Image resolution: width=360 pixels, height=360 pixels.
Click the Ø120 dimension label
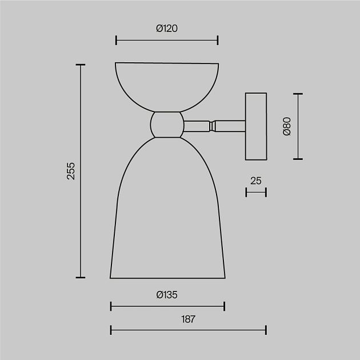[167, 28]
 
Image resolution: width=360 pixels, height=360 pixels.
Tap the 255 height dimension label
[71, 171]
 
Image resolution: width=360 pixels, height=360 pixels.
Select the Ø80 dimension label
[287, 126]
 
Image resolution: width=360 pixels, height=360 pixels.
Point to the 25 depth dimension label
[256, 181]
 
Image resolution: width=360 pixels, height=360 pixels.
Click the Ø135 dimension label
[167, 295]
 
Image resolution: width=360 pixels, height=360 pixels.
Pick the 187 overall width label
[188, 319]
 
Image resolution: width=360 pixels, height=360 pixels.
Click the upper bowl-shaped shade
[167, 83]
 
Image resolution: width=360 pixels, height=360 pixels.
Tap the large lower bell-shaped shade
[167, 217]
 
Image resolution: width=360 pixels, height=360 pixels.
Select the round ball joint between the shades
[167, 124]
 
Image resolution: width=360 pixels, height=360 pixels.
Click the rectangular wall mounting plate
[256, 126]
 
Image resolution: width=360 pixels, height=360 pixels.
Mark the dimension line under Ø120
[167, 40]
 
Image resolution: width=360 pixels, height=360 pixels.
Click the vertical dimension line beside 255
[81, 171]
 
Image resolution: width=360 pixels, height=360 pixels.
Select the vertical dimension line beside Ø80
[298, 126]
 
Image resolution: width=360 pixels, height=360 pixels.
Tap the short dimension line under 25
[256, 193]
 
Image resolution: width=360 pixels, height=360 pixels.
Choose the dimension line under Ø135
[167, 307]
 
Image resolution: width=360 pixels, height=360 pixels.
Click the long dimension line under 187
[188, 330]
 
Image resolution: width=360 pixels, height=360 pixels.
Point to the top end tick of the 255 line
[81, 65]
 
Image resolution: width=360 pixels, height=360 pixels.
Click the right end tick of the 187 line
[266, 330]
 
